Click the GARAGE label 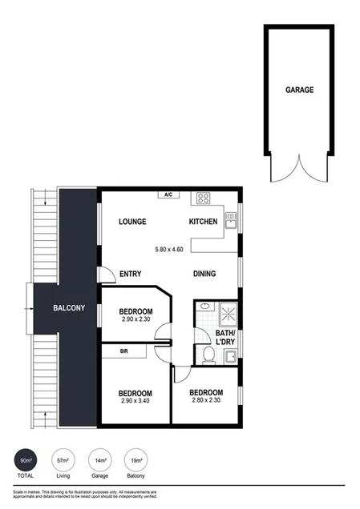click(299, 90)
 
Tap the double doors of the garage click(299, 166)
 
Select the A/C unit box click(168, 194)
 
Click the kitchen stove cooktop click(203, 198)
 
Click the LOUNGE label click(132, 222)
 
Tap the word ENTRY click(130, 274)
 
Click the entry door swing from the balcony click(106, 275)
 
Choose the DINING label click(206, 274)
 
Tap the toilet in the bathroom click(208, 355)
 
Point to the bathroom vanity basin click(204, 307)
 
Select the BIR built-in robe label click(123, 351)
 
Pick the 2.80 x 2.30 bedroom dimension click(205, 403)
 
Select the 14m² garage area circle click(100, 463)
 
